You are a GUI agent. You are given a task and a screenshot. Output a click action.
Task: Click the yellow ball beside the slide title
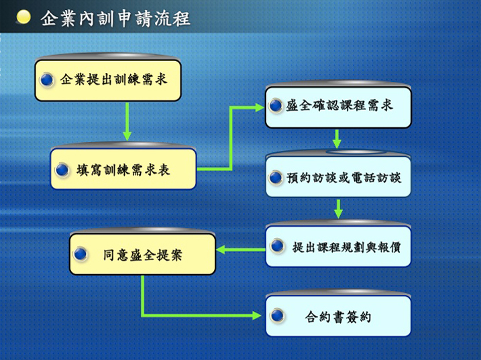point(23,17)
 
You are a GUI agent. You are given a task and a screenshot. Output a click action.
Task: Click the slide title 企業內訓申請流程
point(115,18)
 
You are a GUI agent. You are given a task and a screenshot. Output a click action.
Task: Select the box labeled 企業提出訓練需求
point(108,80)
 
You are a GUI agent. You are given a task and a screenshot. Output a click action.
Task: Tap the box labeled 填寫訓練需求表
point(123,169)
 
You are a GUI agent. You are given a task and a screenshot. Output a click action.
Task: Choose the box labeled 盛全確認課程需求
point(338,107)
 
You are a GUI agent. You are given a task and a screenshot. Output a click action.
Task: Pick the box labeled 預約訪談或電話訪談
point(338,176)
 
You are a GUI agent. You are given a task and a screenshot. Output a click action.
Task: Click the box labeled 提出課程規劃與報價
point(338,247)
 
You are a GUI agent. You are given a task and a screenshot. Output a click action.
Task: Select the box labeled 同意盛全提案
point(143,254)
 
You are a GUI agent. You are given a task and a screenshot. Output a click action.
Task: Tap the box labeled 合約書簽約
point(338,316)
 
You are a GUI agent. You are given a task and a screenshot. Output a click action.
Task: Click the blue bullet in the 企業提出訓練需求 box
point(47,80)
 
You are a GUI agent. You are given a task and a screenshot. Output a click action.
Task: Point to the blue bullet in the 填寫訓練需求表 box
point(62,170)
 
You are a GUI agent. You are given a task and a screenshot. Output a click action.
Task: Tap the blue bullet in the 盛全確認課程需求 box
point(276,105)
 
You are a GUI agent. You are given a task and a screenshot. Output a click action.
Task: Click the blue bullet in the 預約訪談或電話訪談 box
point(276,177)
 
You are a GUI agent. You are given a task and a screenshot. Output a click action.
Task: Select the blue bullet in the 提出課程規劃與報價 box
point(277,245)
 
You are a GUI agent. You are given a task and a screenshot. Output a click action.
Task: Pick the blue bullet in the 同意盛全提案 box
point(81,253)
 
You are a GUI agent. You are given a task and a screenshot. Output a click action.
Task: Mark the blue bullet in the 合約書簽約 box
point(277,316)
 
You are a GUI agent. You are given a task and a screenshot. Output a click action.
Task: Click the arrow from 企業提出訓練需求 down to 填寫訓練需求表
point(127,122)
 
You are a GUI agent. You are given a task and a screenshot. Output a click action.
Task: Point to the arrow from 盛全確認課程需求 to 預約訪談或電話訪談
point(337,139)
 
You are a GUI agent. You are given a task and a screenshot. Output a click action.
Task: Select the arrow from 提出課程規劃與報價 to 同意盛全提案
point(240,249)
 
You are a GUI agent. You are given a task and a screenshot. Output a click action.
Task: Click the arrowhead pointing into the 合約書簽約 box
point(256,315)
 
